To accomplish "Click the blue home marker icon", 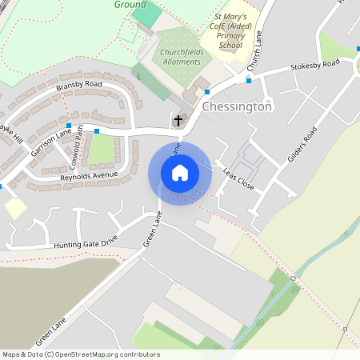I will [180, 173].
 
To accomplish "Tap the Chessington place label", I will [238, 106].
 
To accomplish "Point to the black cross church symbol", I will [178, 121].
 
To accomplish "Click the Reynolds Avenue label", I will [89, 174].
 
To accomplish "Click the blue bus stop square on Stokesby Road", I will [249, 80].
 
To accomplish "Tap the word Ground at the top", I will [130, 4].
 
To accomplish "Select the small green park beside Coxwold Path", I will [102, 149].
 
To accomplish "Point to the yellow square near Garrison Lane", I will [15, 207].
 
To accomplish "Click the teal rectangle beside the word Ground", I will [146, 13].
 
